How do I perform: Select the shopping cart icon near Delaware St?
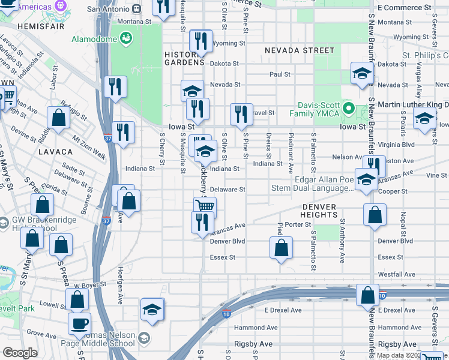[x=205, y=206]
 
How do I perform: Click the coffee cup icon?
[x=79, y=323]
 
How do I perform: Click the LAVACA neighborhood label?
[x=55, y=152]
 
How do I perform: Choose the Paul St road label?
[x=280, y=74]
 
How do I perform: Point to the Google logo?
[x=20, y=353]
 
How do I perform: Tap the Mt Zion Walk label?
[x=89, y=148]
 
